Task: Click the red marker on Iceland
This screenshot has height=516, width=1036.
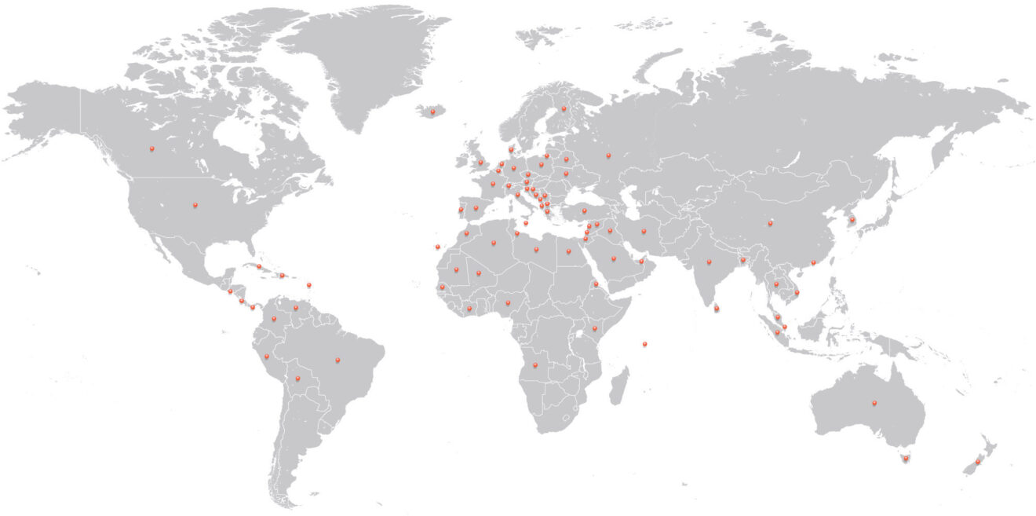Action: [432, 112]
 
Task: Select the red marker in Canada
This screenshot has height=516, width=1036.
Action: [152, 148]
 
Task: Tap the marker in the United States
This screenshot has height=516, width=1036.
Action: [195, 206]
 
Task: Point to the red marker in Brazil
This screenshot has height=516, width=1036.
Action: [337, 360]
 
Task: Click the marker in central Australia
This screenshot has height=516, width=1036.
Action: [873, 404]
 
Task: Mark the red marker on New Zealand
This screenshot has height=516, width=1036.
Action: [978, 462]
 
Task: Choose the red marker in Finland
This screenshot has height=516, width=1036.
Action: [563, 108]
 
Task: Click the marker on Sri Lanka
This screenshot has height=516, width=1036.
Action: [716, 309]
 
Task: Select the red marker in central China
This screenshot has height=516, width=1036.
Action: [770, 223]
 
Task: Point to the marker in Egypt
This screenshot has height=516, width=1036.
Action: [568, 251]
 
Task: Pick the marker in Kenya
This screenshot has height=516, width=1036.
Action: [595, 328]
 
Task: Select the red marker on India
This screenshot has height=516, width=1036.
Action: [709, 262]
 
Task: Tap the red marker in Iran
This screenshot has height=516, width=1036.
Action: [644, 231]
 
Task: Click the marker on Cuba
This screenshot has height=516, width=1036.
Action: [258, 266]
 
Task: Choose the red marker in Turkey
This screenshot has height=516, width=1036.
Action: [584, 210]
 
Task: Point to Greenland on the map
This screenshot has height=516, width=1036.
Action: [369, 63]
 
